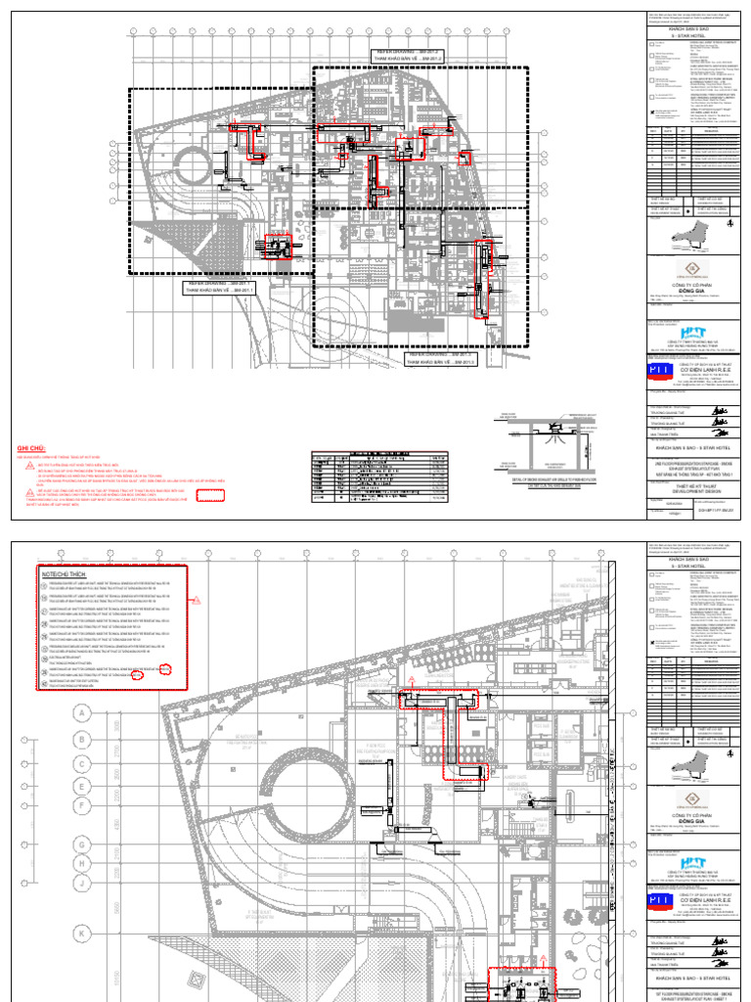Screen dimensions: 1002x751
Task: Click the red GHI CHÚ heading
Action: click(32, 449)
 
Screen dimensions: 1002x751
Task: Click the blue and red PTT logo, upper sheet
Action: click(664, 376)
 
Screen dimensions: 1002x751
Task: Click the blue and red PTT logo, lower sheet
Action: click(664, 907)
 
